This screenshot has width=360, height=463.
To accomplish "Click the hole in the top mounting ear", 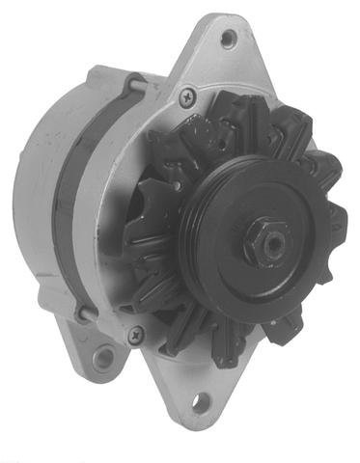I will coord(229,40).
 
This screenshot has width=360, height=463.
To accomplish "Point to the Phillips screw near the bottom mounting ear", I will coord(135,334).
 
